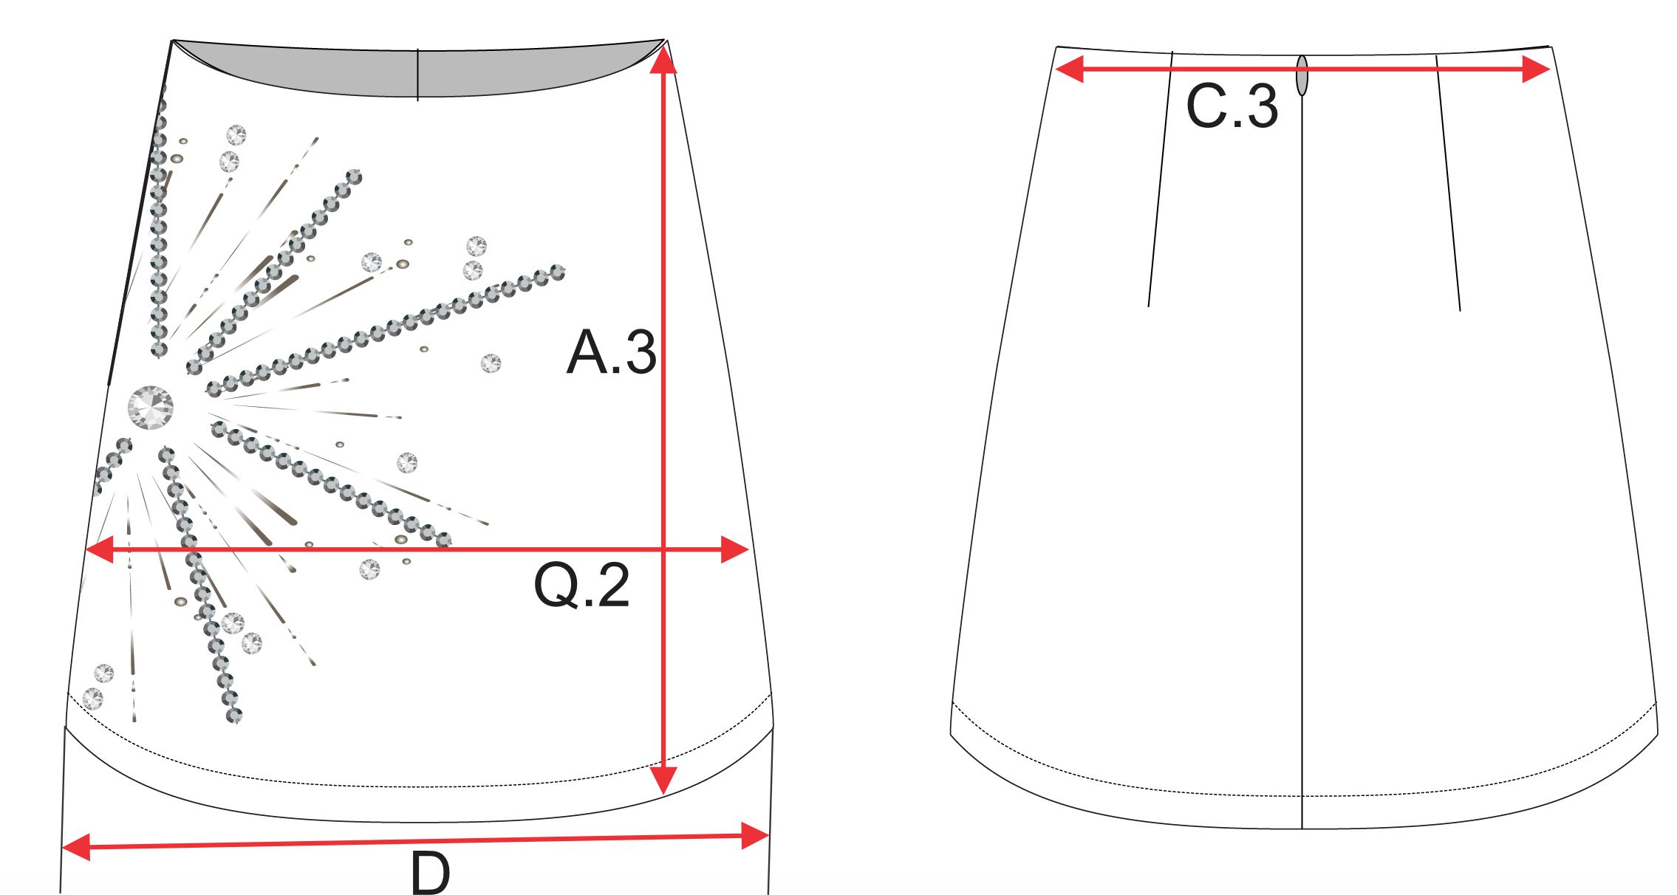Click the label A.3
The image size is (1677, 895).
pyautogui.click(x=611, y=352)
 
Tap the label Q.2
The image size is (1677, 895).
pyautogui.click(x=581, y=585)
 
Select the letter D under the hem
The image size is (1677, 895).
pyautogui.click(x=430, y=874)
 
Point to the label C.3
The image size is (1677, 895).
pyautogui.click(x=1232, y=106)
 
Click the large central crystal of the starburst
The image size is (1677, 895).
pyautogui.click(x=151, y=408)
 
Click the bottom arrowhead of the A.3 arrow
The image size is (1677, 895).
pyautogui.click(x=663, y=780)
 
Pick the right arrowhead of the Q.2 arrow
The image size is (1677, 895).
pyautogui.click(x=735, y=549)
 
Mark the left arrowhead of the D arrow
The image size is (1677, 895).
pyautogui.click(x=75, y=847)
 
